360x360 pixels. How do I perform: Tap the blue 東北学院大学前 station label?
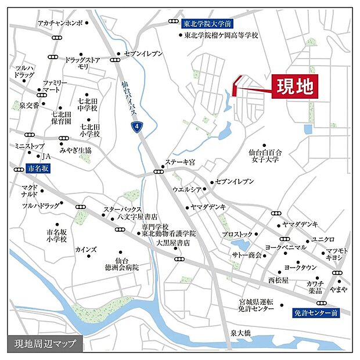(207, 24)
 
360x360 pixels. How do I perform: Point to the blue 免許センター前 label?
(315, 313)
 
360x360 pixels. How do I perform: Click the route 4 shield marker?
(136, 126)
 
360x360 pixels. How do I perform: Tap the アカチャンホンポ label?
(59, 23)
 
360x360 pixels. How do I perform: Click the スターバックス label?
(123, 208)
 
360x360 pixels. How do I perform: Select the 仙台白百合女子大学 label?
(264, 156)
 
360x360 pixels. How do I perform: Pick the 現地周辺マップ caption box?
(45, 343)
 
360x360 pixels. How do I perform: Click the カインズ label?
(86, 249)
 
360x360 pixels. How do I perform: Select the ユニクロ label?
(323, 239)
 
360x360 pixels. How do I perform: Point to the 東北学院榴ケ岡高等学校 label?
(221, 35)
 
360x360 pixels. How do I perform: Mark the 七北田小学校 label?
(90, 129)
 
